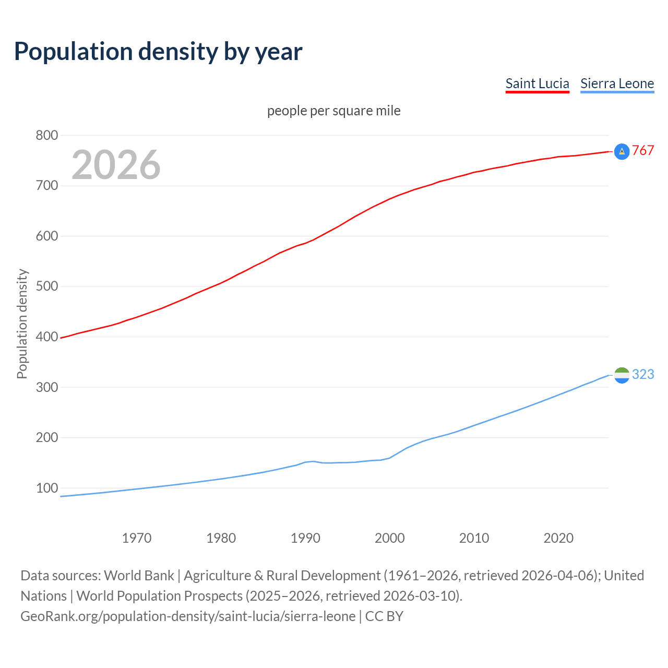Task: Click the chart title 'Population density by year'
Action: point(158,52)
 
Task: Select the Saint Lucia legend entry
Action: point(537,84)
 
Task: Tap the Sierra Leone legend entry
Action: point(617,84)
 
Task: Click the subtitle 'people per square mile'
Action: point(333,111)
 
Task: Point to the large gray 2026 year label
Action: point(116,165)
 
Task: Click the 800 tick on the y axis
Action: point(46,136)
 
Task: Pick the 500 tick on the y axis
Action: point(46,287)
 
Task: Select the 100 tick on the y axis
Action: point(46,488)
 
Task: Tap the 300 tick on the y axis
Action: point(46,387)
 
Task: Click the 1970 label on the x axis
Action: point(137,538)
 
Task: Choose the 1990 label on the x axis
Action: point(305,538)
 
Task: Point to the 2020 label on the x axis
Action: point(558,538)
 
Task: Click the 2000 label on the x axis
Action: point(390,538)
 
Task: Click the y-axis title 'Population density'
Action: point(22,324)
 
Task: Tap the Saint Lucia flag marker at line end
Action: point(622,151)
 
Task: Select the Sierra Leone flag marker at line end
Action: point(622,375)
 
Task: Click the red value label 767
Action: point(643,151)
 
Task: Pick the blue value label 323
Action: point(643,375)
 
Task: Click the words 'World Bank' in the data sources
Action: point(139,576)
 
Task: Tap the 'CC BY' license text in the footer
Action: point(384,616)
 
